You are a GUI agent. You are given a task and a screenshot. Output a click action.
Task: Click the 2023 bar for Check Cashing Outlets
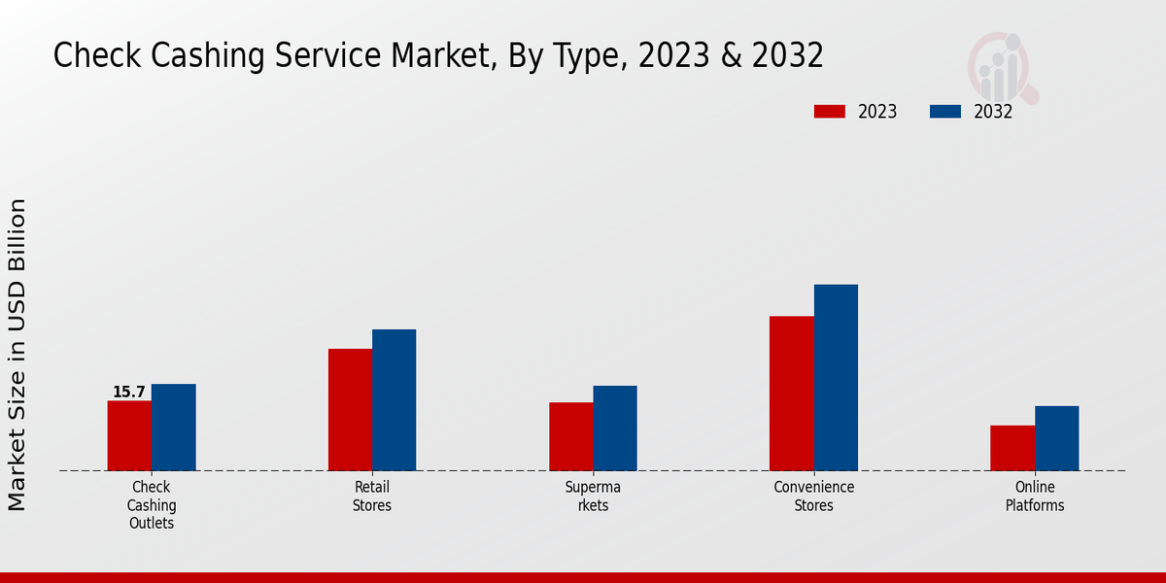tap(129, 435)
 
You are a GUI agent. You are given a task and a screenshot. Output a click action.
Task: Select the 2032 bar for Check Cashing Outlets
tap(173, 428)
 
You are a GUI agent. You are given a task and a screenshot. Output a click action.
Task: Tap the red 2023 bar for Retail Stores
tap(350, 409)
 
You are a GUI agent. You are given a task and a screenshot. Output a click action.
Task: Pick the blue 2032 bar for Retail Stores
tap(394, 399)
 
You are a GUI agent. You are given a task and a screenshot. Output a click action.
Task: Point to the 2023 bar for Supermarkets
tap(570, 436)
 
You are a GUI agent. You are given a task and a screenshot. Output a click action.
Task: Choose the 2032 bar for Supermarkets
tap(615, 429)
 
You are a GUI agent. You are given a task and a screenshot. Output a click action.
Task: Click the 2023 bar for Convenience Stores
tap(791, 394)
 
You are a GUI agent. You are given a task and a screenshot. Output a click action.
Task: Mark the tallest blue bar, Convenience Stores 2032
tap(836, 377)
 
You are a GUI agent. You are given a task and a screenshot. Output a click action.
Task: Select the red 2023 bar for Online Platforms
tap(1012, 448)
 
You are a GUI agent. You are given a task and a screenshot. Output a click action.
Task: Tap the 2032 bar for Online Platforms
tap(1056, 438)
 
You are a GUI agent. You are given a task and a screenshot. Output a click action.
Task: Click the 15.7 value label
tap(128, 393)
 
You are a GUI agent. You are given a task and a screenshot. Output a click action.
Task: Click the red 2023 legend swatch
tap(829, 112)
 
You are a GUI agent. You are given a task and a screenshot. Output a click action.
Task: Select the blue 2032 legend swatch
tap(944, 112)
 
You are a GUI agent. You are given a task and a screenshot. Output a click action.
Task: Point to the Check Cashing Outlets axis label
tap(152, 505)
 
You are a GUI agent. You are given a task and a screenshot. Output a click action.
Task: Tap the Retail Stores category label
tap(372, 497)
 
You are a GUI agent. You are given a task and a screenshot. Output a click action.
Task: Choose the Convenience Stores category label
tap(814, 497)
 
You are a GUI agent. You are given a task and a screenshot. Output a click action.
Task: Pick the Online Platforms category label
tap(1035, 497)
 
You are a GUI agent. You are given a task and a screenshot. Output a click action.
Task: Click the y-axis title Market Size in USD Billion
tap(17, 355)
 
